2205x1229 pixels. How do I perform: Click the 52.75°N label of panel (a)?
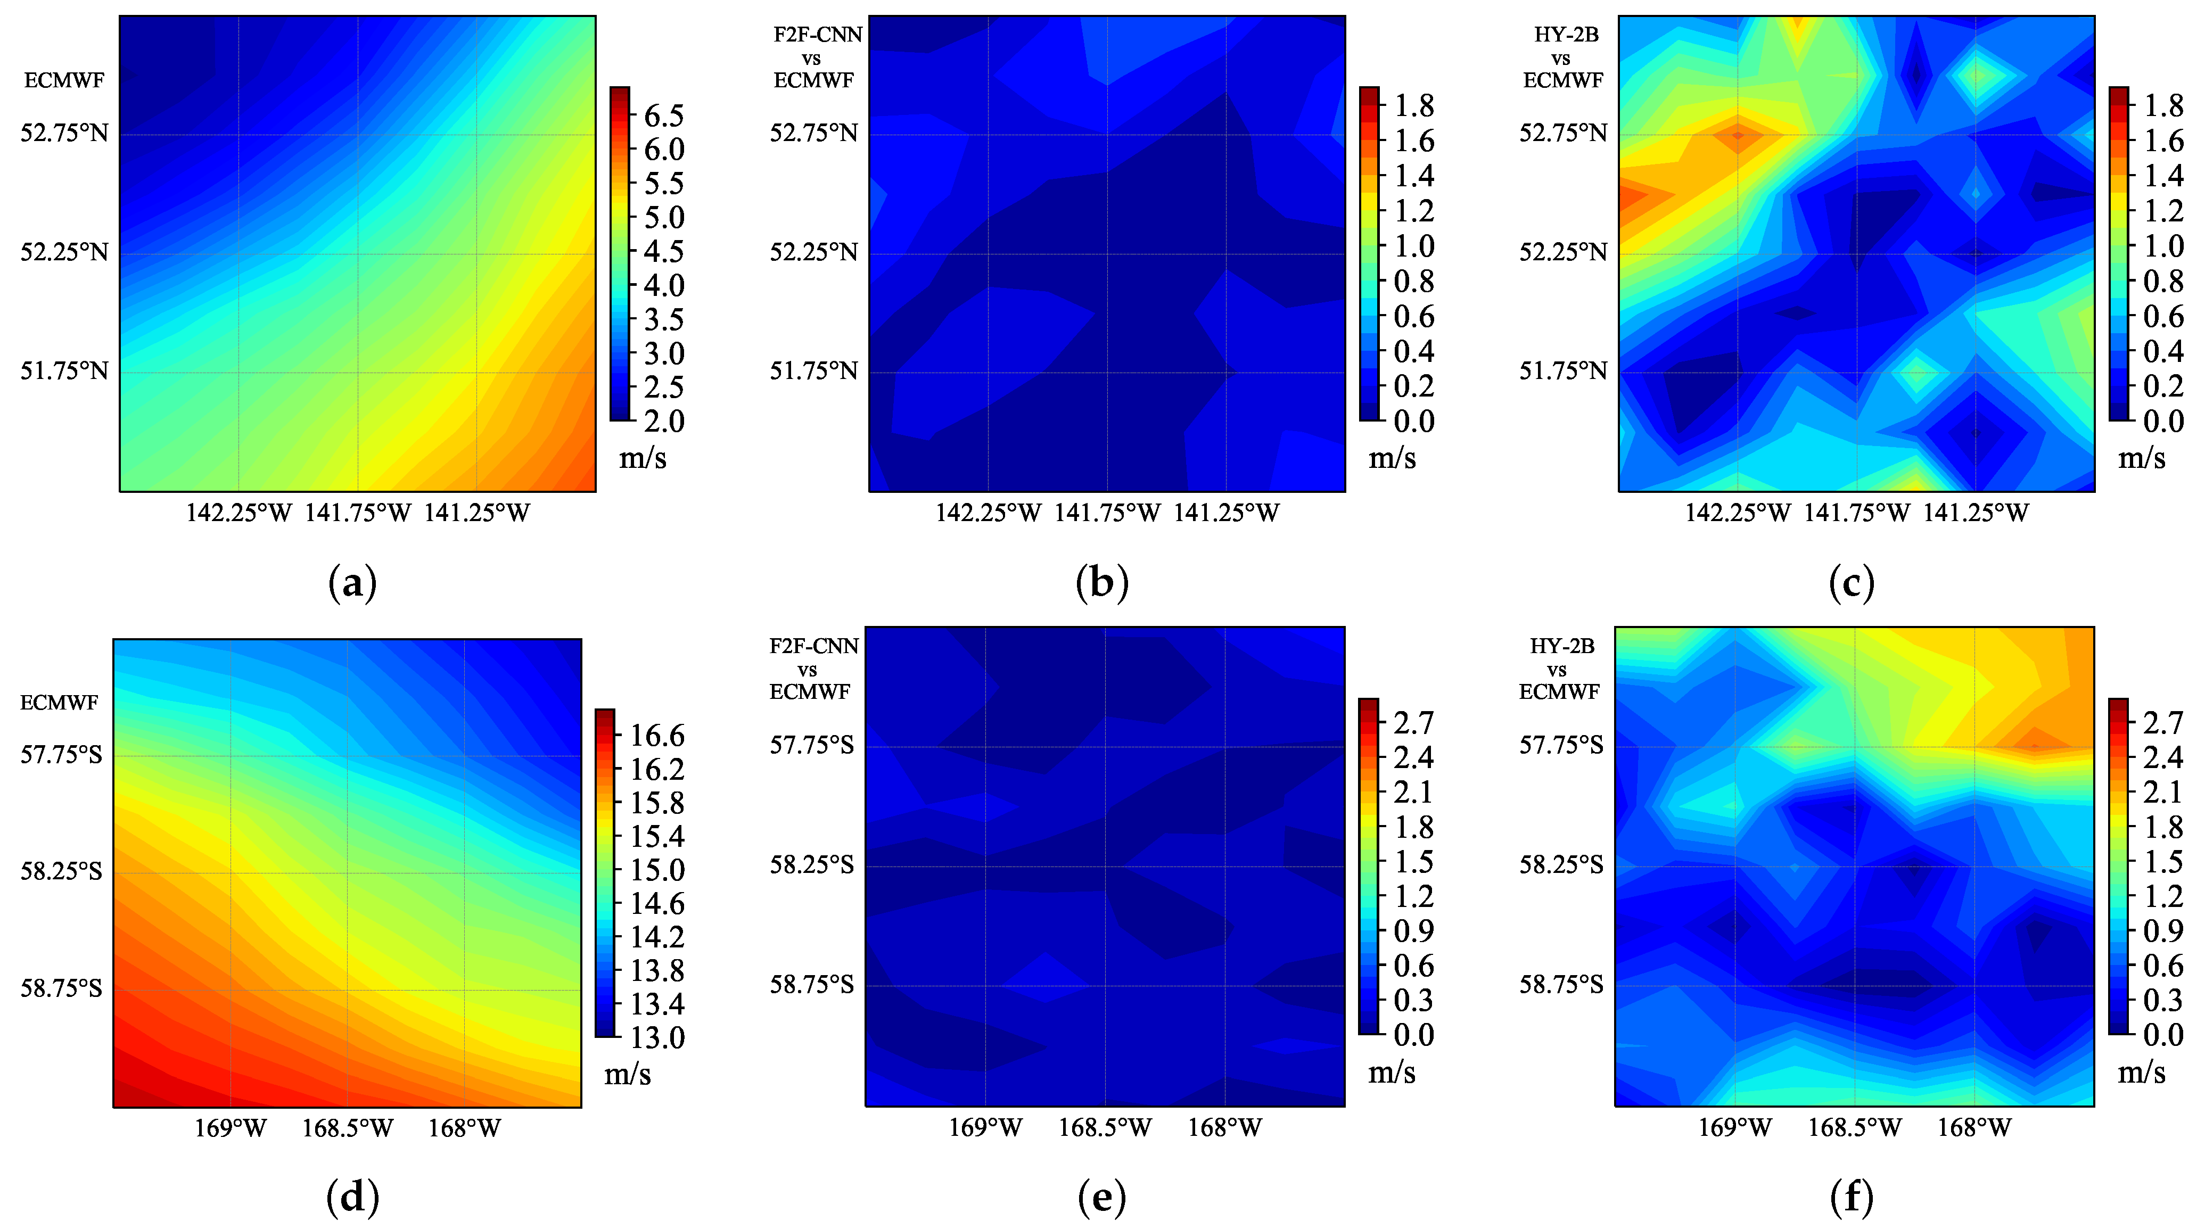tap(65, 134)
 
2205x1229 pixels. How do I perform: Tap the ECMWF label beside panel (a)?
tap(64, 80)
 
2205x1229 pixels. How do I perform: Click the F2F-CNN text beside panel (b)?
tap(818, 35)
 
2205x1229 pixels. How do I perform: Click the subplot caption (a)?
tap(352, 584)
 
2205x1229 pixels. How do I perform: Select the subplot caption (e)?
tap(1101, 1198)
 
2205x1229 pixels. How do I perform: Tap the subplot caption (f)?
tap(1852, 1198)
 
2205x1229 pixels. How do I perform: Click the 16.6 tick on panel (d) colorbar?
tap(657, 735)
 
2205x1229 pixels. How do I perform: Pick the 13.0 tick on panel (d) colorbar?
tap(657, 1037)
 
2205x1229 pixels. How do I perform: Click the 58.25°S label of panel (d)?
tap(62, 871)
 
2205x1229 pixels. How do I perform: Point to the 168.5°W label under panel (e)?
tap(1105, 1127)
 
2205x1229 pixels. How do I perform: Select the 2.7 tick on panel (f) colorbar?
tap(2162, 723)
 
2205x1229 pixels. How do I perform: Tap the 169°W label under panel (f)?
tap(1734, 1127)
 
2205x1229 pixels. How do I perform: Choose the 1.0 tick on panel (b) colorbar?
tap(1414, 246)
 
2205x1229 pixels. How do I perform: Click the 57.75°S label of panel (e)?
tap(811, 746)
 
